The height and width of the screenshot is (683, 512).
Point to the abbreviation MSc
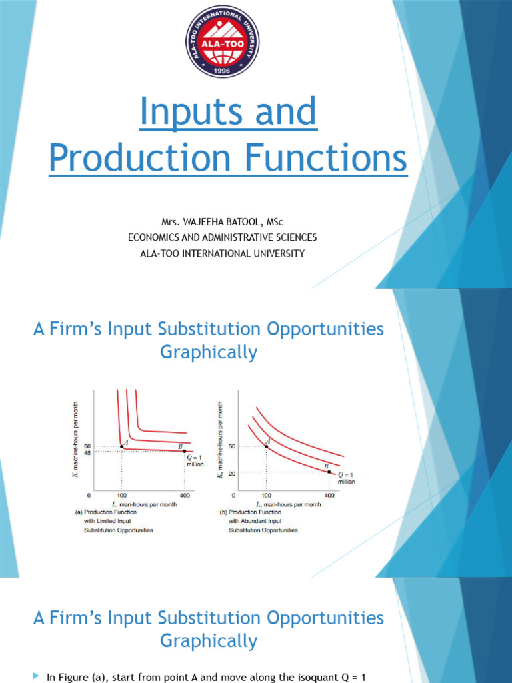point(289,221)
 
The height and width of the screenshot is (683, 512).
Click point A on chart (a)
point(121,446)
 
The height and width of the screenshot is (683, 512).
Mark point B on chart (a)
point(184,452)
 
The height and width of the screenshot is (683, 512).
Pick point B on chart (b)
point(329,472)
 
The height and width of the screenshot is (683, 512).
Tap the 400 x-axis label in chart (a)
point(185,496)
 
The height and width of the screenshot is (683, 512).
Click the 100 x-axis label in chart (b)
point(266,496)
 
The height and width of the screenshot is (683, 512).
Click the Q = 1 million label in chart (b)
point(346,477)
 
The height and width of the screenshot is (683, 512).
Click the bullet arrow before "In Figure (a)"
point(37,676)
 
